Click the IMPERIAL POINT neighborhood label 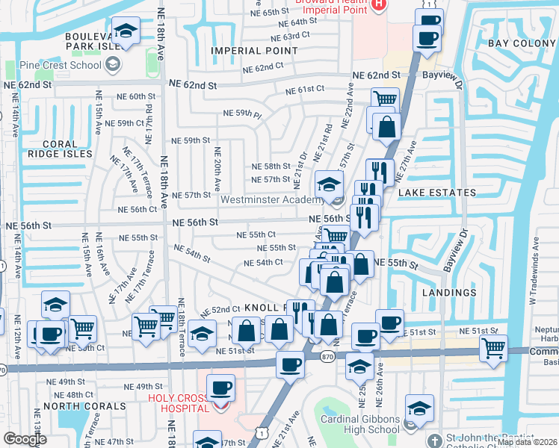click(x=254, y=51)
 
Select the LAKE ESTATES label click(x=436, y=193)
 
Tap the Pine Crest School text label click(x=62, y=65)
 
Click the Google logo click(x=25, y=439)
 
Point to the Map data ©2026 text click(x=527, y=442)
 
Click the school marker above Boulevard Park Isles click(x=126, y=31)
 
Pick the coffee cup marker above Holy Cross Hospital click(x=221, y=388)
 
